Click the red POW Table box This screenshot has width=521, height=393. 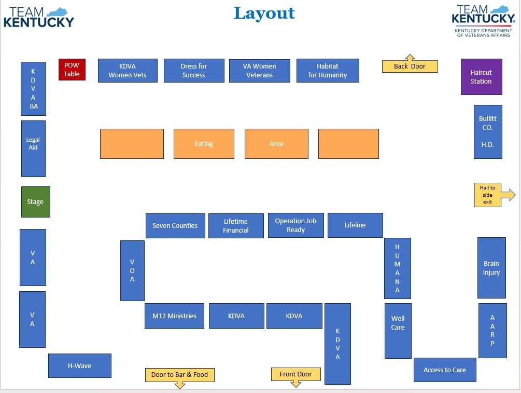point(72,70)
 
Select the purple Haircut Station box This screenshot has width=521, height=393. point(481,77)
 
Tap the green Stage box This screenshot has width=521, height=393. point(35,202)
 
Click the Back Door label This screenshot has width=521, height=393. point(410,66)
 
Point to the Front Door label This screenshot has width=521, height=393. point(295,374)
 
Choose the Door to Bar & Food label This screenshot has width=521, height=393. point(179,375)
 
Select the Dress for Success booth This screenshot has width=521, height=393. point(194,71)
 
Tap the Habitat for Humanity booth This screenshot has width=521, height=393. point(328,71)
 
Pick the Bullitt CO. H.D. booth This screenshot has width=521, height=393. point(487,132)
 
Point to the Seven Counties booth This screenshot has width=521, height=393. point(175,226)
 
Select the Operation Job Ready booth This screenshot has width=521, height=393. point(295,225)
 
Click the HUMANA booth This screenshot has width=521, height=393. point(397,268)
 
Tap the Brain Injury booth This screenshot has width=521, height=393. point(491,268)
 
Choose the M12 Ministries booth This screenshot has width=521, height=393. point(174,316)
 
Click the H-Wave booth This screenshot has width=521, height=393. point(79,366)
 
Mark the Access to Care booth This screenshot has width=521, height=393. point(444,370)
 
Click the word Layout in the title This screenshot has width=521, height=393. point(264,13)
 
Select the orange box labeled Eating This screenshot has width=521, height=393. point(204,144)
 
